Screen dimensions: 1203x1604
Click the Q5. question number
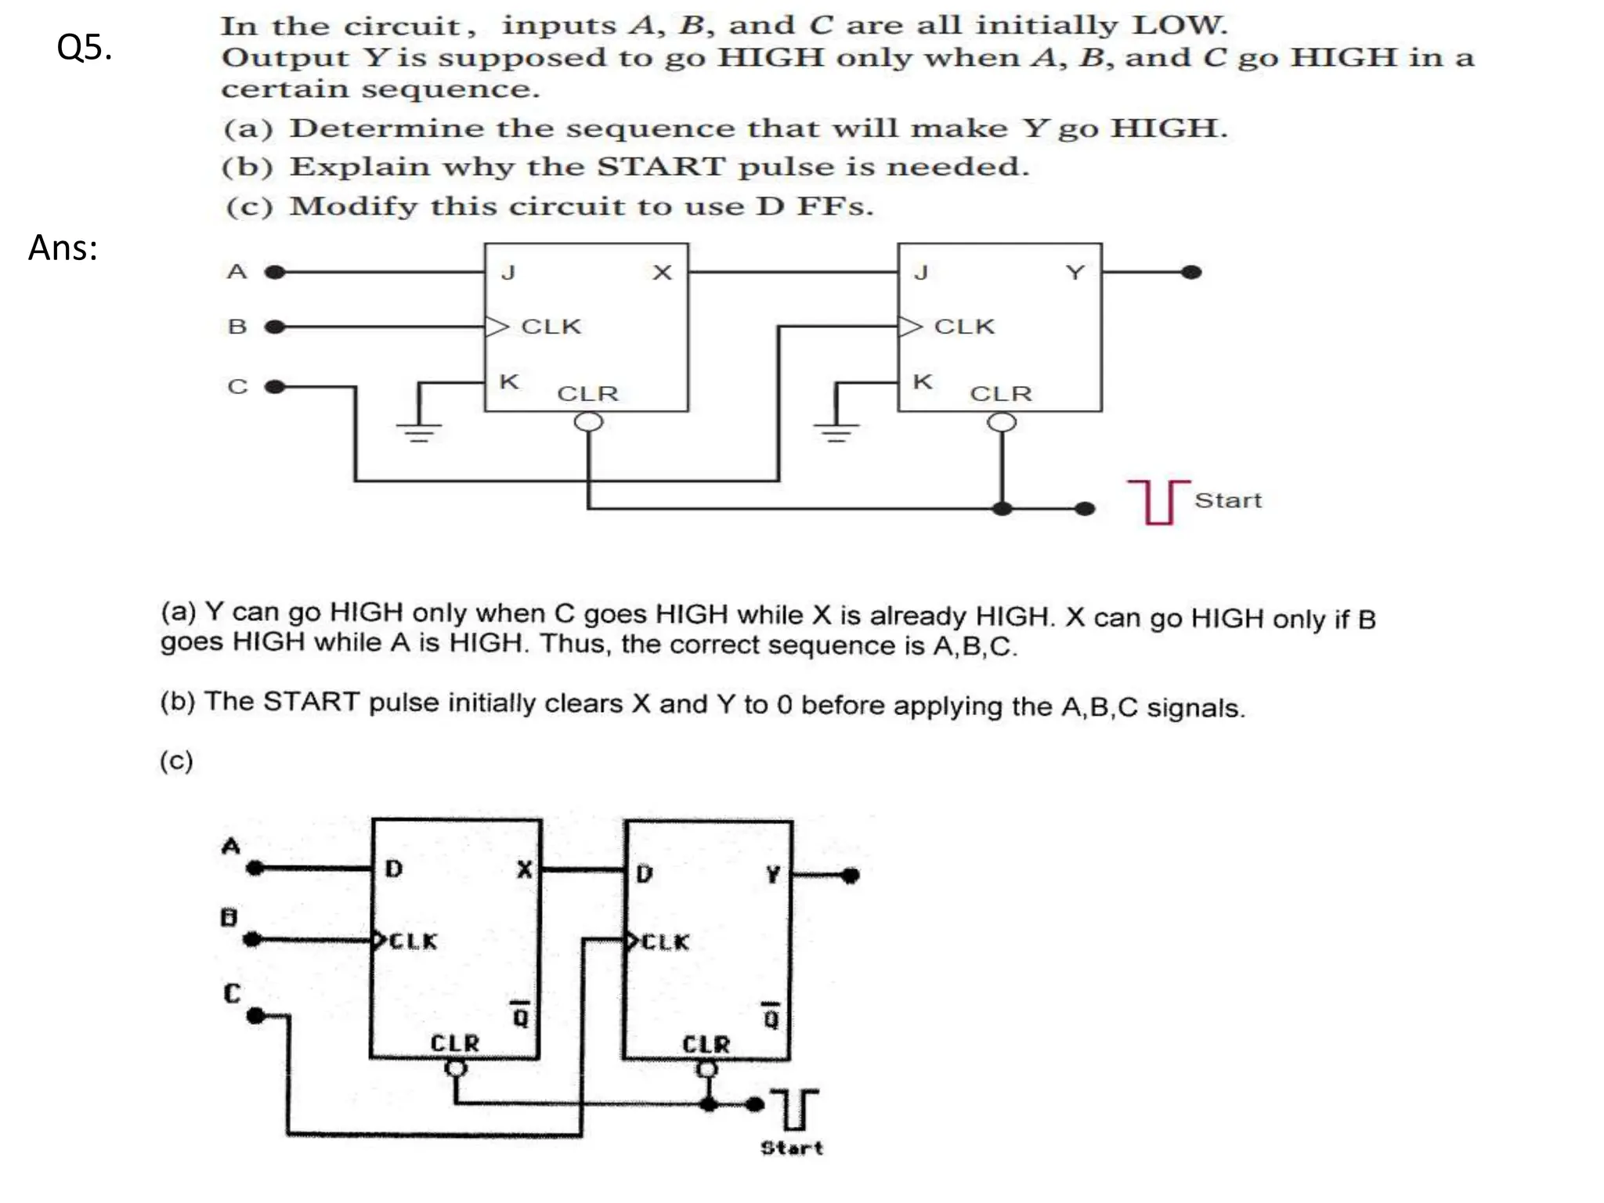click(84, 48)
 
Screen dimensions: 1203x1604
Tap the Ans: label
click(63, 248)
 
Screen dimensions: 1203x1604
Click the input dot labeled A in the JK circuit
click(274, 273)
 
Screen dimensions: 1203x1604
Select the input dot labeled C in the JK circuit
click(274, 387)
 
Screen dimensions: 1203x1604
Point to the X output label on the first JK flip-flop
click(662, 273)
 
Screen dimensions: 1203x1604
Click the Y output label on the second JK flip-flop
click(1075, 273)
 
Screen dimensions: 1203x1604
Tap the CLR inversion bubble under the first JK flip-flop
click(588, 422)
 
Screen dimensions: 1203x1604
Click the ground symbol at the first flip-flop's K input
click(419, 430)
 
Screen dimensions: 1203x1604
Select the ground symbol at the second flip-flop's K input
click(836, 430)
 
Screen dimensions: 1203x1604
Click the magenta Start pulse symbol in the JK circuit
click(1158, 501)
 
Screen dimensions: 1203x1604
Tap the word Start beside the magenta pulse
click(1227, 500)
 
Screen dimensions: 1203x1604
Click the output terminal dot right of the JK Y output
click(1191, 273)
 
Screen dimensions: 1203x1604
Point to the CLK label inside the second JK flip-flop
click(964, 327)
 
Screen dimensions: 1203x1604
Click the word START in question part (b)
click(661, 167)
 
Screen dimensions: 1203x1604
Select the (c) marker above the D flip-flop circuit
click(176, 760)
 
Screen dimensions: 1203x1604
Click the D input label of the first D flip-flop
click(394, 869)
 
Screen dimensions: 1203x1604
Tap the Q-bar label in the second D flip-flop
click(771, 1017)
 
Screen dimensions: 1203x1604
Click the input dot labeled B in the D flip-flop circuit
click(252, 939)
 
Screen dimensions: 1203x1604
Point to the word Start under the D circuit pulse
click(792, 1148)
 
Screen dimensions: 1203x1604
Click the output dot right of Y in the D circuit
click(851, 876)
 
